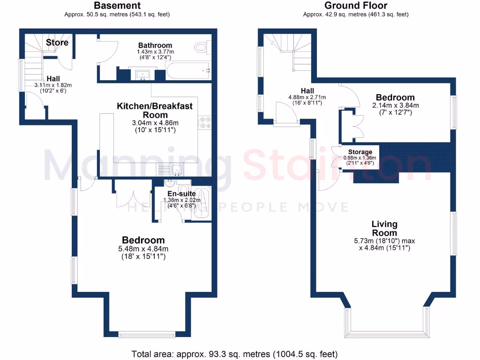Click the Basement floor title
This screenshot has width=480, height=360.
(x=117, y=6)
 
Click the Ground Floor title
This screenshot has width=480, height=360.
(x=356, y=6)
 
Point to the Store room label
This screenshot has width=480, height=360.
(x=57, y=43)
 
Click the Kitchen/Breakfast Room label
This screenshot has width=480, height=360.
(x=154, y=110)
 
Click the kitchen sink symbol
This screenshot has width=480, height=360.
(x=176, y=170)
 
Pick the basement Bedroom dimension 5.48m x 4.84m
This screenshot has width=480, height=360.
(x=143, y=249)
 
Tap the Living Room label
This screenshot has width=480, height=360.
(x=384, y=228)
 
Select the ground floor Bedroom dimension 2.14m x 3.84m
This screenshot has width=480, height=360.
(x=395, y=105)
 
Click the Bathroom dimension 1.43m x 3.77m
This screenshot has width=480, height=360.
(x=155, y=52)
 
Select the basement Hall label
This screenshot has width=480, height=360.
(x=52, y=79)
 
